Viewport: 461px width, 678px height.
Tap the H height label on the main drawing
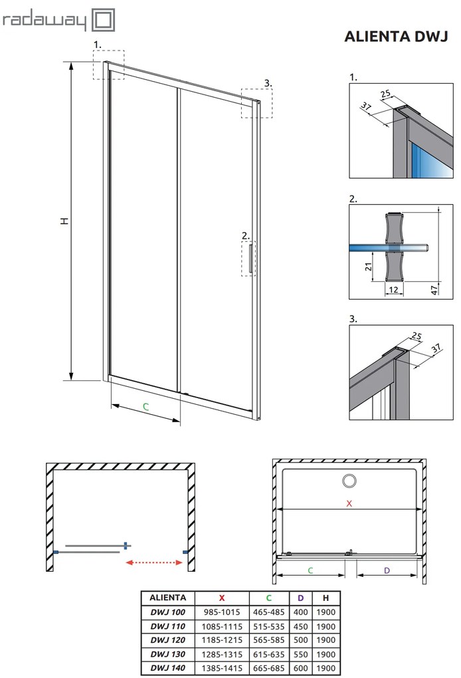64,220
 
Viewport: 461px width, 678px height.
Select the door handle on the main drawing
250,259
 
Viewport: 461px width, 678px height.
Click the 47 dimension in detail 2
434,290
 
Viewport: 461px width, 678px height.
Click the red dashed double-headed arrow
155,562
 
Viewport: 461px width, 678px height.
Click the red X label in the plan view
349,503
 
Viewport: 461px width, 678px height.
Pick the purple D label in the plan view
387,570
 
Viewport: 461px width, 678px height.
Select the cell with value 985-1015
222,612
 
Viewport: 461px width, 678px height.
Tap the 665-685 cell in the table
270,668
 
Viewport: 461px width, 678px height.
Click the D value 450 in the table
300,626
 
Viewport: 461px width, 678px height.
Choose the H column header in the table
325,598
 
